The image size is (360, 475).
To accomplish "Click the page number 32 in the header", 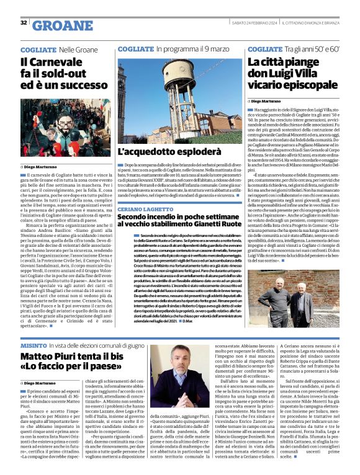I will click(x=24, y=23).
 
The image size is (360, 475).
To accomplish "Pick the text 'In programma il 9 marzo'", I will click(x=192, y=48).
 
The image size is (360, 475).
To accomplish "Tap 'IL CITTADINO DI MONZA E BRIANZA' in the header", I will click(x=314, y=22).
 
